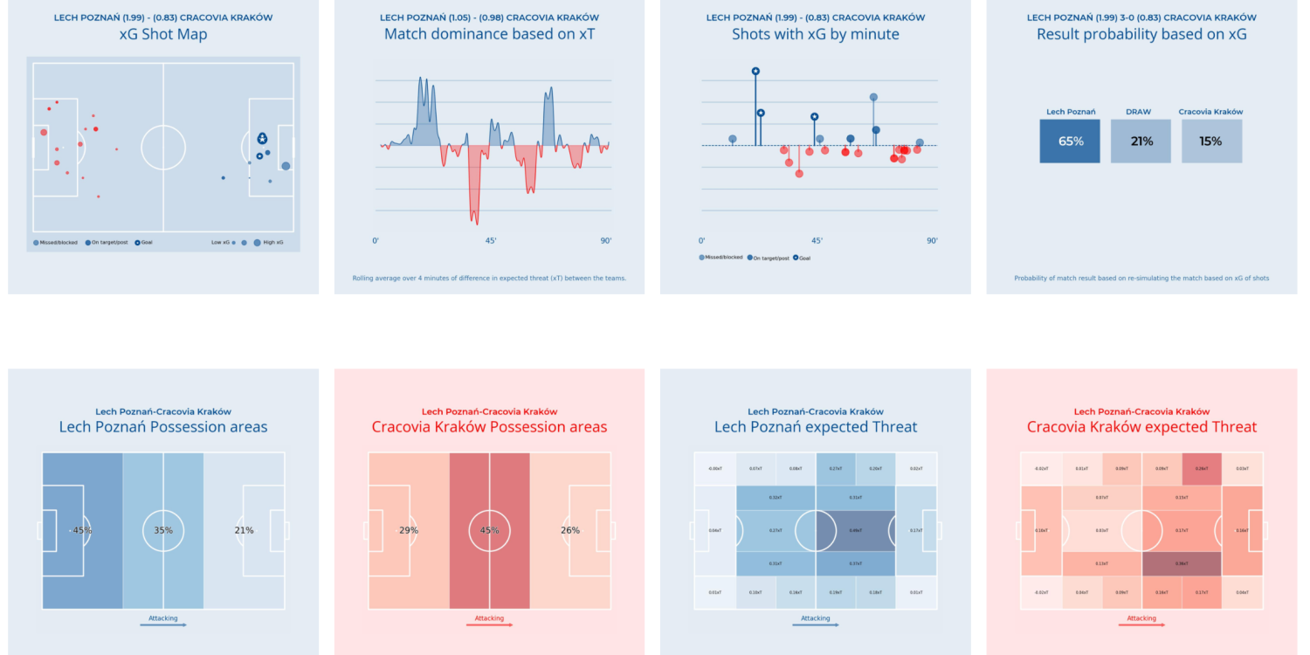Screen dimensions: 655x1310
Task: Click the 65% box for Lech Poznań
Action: pyautogui.click(x=1070, y=141)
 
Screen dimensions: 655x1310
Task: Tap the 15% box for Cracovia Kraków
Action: pyautogui.click(x=1210, y=141)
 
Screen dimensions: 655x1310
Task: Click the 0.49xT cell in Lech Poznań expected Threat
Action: pyautogui.click(x=856, y=530)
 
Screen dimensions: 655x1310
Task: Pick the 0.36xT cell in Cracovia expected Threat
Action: pyautogui.click(x=1182, y=563)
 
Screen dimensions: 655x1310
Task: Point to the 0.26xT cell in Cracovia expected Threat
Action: pyautogui.click(x=1202, y=469)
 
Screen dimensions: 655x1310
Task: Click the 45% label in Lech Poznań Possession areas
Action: pyautogui.click(x=82, y=530)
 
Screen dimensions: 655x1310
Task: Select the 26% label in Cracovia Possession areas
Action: pyautogui.click(x=569, y=530)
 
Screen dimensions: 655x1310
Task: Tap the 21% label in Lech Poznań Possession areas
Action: pyautogui.click(x=244, y=530)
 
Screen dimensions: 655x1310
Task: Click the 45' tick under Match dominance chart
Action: pyautogui.click(x=490, y=241)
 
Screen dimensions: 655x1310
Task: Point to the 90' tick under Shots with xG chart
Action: pyautogui.click(x=932, y=241)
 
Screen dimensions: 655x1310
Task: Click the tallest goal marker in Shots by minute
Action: pyautogui.click(x=755, y=72)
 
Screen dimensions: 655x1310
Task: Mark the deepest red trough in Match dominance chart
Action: pyautogui.click(x=473, y=222)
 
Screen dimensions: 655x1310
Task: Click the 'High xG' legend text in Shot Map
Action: pyautogui.click(x=274, y=242)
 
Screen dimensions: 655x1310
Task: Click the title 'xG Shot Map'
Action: pyautogui.click(x=163, y=35)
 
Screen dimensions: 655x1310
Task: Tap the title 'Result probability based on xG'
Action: pyautogui.click(x=1141, y=35)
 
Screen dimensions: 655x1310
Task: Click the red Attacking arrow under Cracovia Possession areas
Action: pyautogui.click(x=489, y=624)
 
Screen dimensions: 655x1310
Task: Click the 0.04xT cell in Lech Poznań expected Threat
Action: pyautogui.click(x=715, y=530)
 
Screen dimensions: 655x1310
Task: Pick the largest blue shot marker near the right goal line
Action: pyautogui.click(x=286, y=166)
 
